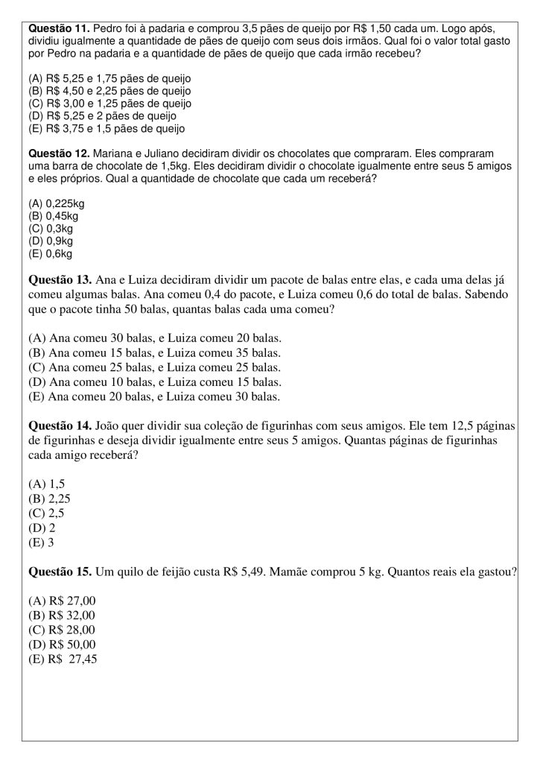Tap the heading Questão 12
(x=57, y=153)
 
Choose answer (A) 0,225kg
(x=56, y=203)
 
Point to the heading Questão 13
(x=60, y=281)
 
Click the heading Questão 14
(x=60, y=426)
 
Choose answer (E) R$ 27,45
(x=63, y=659)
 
